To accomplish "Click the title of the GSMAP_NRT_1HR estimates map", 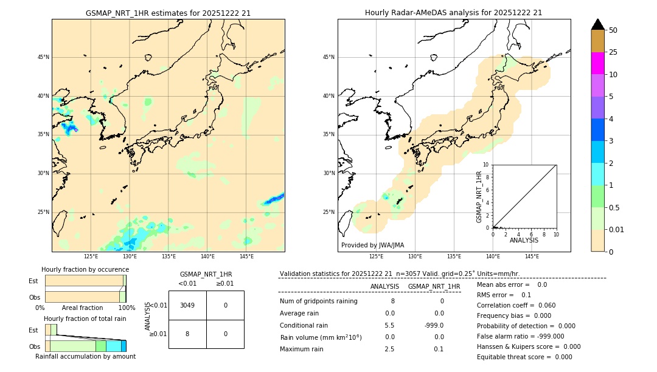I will click(168, 13).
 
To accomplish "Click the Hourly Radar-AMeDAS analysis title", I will click(453, 13).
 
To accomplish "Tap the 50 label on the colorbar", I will click(613, 30).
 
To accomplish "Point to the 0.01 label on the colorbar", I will click(617, 229).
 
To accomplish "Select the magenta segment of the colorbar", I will click(597, 63).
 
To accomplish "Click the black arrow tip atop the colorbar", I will click(597, 24).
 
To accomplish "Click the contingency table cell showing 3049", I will click(187, 305).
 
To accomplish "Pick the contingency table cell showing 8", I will click(187, 334).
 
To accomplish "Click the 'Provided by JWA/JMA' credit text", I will click(372, 245).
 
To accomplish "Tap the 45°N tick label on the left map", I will click(43, 57).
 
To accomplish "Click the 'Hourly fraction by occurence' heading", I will click(85, 269).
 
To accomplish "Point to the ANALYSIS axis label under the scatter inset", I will click(524, 240).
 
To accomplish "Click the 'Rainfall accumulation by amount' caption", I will click(85, 356).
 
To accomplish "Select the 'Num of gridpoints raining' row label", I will click(319, 301).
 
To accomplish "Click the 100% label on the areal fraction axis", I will click(127, 308).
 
